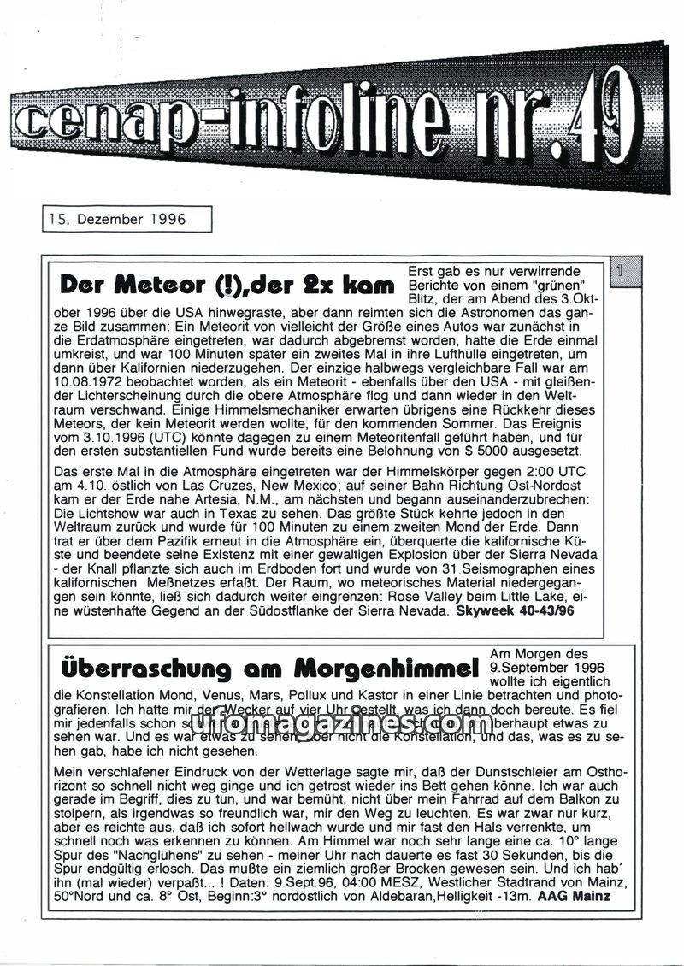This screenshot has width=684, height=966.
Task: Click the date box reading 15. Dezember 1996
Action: [x=126, y=219]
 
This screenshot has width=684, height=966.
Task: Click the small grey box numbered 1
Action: [x=624, y=274]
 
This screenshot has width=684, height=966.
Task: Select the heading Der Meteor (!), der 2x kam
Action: [x=227, y=284]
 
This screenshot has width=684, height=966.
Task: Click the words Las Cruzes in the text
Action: [x=257, y=484]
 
